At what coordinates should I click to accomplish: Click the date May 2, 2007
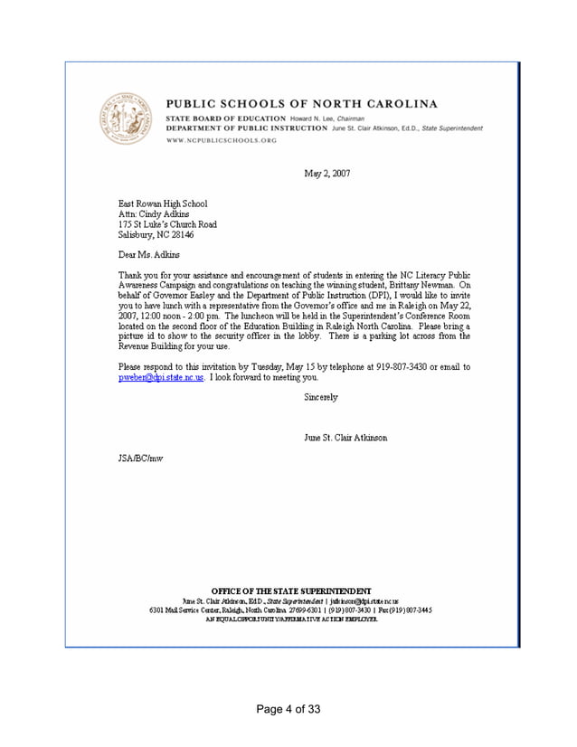(x=326, y=173)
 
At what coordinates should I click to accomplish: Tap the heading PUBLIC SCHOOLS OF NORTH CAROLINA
(x=301, y=103)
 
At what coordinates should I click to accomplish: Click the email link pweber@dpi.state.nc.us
(x=162, y=377)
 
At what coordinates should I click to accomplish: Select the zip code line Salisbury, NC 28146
(x=156, y=234)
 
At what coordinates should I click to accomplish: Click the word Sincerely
(x=320, y=398)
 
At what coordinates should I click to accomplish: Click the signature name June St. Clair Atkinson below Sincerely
(x=347, y=439)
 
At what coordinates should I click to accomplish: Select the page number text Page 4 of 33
(x=288, y=708)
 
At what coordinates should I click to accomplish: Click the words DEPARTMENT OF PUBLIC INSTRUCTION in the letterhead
(x=246, y=129)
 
